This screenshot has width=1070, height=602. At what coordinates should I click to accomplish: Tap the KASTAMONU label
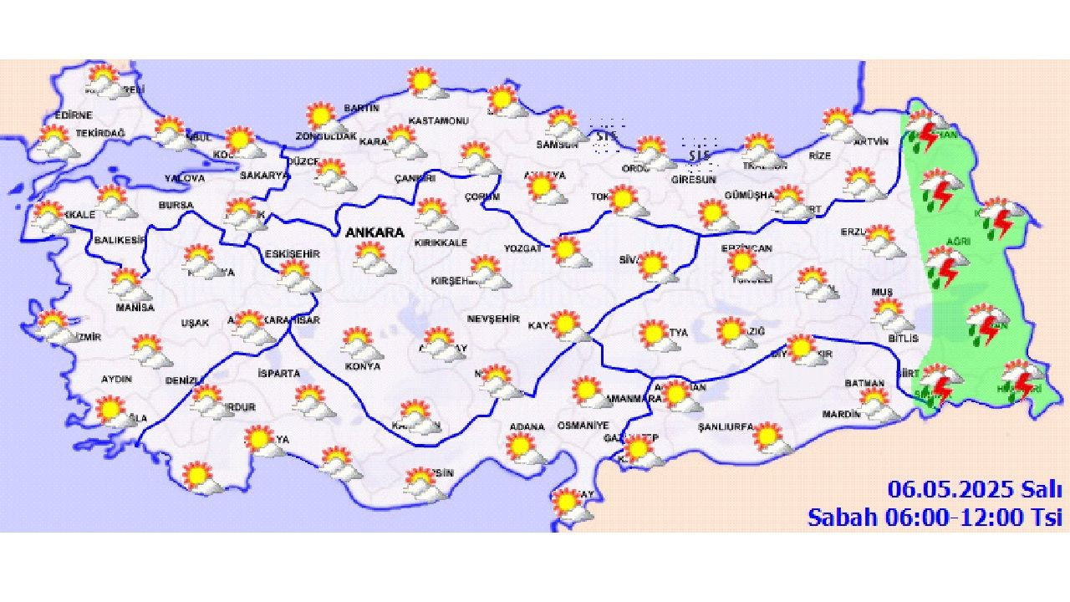438,120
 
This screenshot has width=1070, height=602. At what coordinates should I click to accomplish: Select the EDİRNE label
74,115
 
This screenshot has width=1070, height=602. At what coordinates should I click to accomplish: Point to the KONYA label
362,366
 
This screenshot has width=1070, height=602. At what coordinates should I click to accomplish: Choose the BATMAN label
864,383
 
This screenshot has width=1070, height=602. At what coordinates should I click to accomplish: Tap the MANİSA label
135,307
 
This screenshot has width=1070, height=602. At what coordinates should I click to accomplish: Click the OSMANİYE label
583,426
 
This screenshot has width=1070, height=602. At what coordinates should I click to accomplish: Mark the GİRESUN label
694,179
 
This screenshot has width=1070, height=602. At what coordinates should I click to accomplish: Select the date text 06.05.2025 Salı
974,489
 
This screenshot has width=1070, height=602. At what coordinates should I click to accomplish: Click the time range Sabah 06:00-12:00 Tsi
935,517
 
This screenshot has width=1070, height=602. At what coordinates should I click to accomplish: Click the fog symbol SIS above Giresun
699,155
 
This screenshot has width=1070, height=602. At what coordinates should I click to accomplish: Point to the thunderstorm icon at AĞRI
945,268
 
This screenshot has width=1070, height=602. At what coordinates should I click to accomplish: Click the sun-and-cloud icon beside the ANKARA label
373,258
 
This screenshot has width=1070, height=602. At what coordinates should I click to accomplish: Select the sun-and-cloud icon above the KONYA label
360,343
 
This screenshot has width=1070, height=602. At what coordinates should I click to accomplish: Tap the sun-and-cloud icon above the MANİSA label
130,285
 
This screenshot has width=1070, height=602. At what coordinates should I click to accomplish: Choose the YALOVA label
184,178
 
